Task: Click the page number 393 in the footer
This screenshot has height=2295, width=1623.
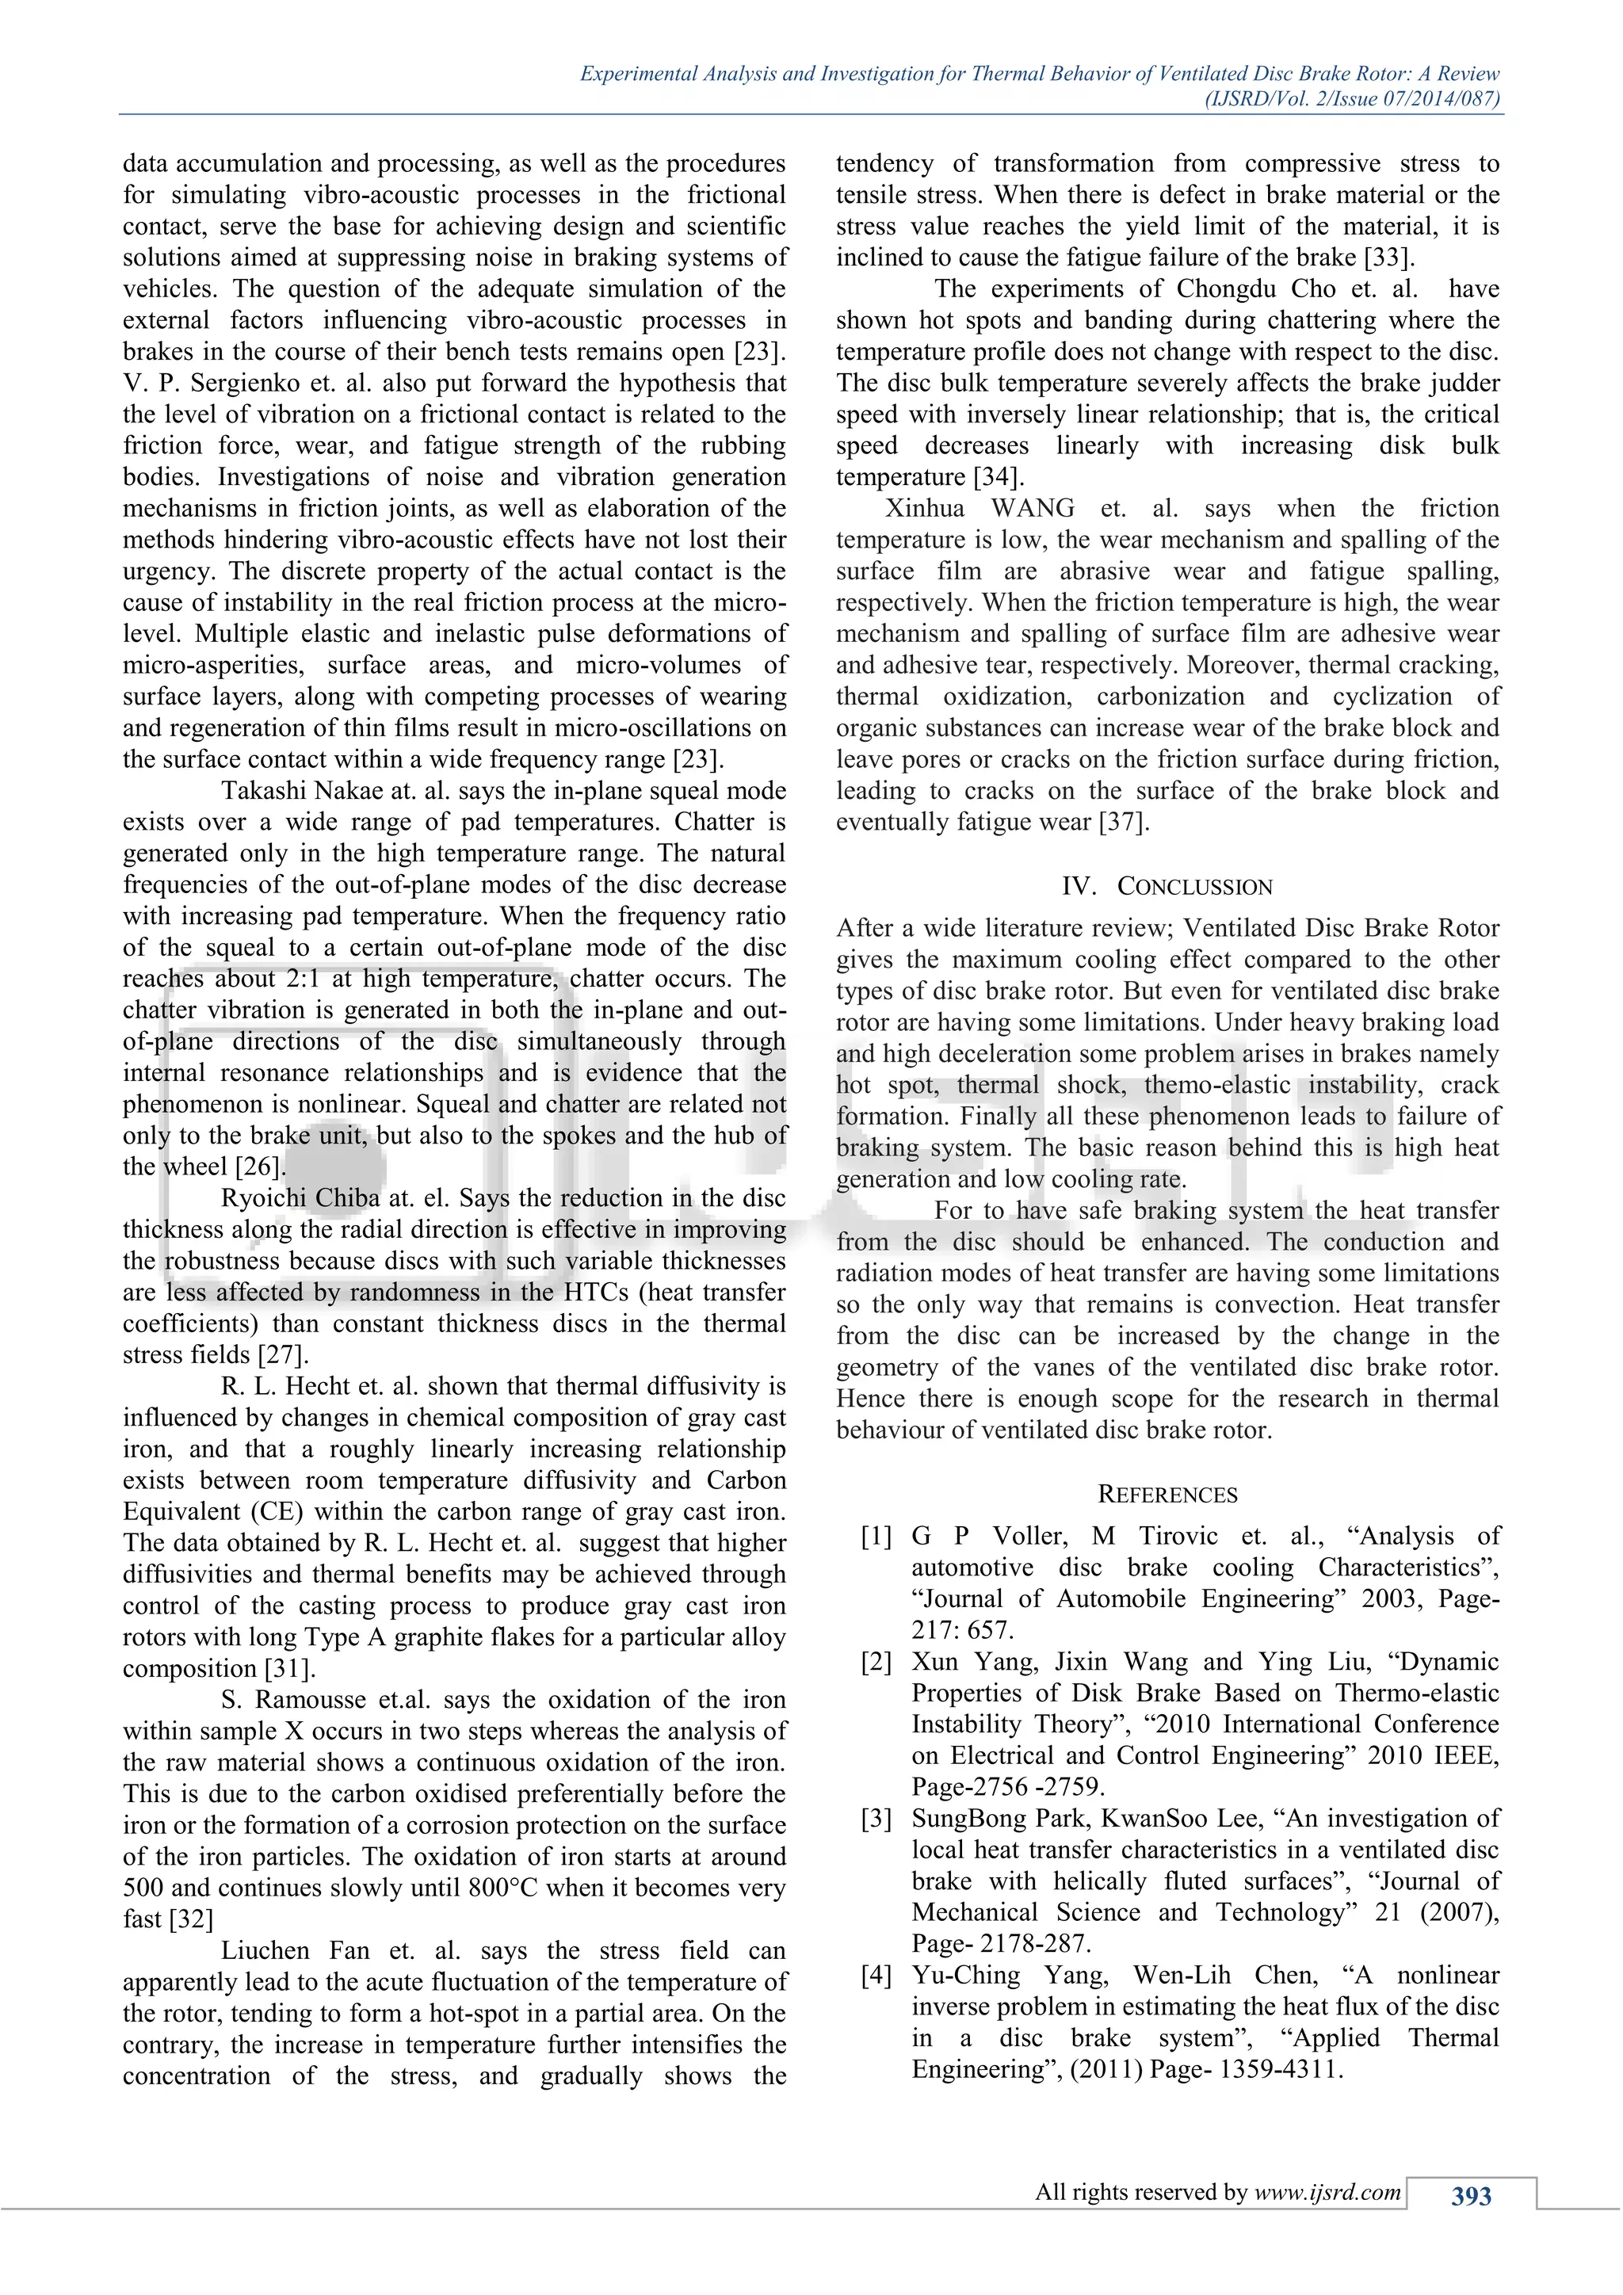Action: pyautogui.click(x=1470, y=2196)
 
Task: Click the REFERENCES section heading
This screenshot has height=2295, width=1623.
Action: pyautogui.click(x=1167, y=1495)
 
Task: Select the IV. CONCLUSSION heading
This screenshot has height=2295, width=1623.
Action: pyautogui.click(x=1167, y=887)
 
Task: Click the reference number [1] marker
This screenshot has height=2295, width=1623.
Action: pyautogui.click(x=876, y=1537)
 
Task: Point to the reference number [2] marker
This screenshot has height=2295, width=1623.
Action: pyautogui.click(x=876, y=1661)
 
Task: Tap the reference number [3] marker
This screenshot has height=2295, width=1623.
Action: pyautogui.click(x=876, y=1818)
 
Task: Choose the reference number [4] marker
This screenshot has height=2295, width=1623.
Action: pyautogui.click(x=876, y=1975)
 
